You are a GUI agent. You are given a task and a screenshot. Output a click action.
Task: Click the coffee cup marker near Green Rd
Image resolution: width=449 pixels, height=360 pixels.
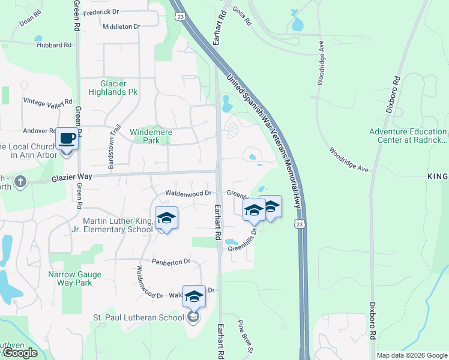pos(67,139)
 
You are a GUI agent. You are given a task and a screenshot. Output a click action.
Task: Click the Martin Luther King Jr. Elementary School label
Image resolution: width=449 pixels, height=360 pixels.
pos(117,225)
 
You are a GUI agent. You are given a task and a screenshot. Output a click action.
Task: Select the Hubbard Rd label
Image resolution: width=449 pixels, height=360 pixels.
pos(53,45)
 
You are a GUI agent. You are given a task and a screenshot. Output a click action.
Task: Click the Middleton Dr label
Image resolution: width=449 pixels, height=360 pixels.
pos(121,26)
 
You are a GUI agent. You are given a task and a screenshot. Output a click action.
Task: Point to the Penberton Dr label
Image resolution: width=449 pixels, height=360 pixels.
pos(170,262)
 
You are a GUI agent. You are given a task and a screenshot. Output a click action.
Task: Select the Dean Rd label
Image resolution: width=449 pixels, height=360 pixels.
pos(29,22)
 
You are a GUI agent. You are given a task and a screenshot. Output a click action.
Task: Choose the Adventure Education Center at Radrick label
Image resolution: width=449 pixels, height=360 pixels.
pos(408,136)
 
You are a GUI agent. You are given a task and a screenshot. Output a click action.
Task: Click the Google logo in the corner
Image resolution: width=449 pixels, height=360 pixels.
pos(19,353)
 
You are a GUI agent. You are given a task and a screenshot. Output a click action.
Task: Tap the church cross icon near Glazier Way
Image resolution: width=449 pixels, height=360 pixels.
pos(20,182)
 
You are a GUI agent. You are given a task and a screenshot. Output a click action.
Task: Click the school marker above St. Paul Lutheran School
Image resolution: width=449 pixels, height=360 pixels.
pos(194,296)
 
